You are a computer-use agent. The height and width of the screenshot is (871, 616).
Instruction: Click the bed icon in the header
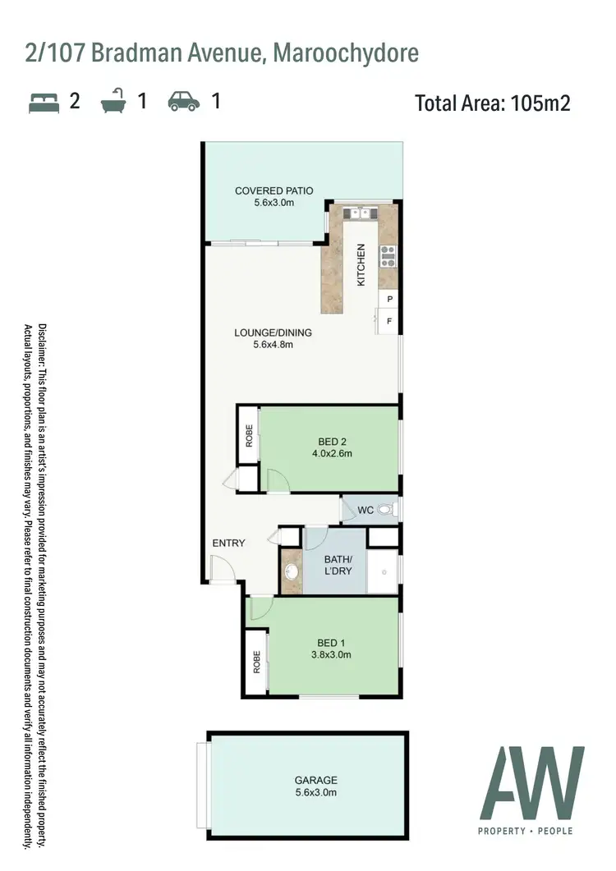coord(44,102)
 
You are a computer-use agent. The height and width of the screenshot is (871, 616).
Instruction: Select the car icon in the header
coord(184,102)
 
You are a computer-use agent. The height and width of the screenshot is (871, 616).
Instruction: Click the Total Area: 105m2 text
coord(492,103)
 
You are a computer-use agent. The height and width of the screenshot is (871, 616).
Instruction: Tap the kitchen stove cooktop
coord(388,256)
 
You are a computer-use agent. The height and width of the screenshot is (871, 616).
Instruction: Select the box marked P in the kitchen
coord(388,300)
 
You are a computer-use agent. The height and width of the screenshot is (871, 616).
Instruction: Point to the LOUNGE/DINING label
coord(273,332)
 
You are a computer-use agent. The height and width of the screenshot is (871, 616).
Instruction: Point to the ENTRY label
coord(228,543)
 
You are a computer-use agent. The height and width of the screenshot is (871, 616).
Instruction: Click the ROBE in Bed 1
coord(256,662)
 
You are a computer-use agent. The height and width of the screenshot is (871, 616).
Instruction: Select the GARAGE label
coord(315,780)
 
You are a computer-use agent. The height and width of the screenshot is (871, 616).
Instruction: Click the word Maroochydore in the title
coord(345,53)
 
